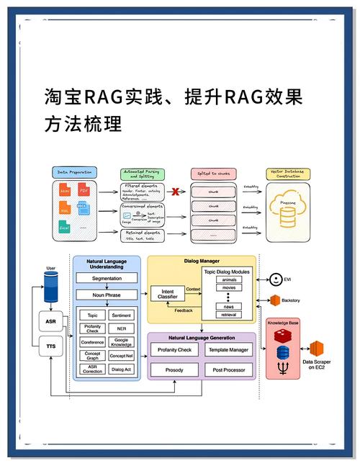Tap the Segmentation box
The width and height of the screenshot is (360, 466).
click(x=107, y=279)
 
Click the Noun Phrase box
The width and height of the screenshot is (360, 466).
click(x=107, y=295)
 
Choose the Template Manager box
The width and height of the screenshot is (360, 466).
click(x=228, y=350)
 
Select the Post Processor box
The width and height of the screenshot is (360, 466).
click(x=228, y=370)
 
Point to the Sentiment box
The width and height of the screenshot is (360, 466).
click(x=122, y=315)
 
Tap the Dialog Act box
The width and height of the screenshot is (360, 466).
click(x=122, y=369)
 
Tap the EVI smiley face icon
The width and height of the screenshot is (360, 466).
click(x=275, y=279)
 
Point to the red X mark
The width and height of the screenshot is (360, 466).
click(x=175, y=192)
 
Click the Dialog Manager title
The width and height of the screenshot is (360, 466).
click(x=202, y=261)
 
